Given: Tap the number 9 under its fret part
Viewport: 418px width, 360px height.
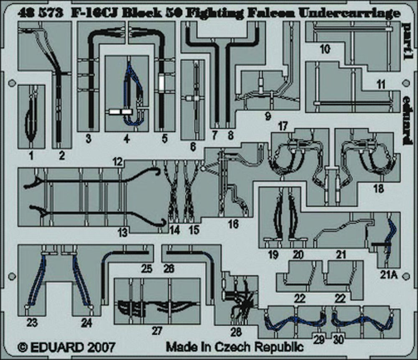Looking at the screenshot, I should point(268,117).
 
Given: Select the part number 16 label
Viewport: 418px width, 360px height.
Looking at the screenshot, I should point(233,224).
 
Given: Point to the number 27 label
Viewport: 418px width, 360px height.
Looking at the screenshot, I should point(156,331).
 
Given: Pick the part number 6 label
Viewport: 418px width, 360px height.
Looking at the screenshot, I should point(192,146).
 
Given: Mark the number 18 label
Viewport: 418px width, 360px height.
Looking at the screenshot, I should point(379,189).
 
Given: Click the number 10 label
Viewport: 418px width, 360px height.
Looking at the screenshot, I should point(325,50).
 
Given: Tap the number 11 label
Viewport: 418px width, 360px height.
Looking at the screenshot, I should point(380,84).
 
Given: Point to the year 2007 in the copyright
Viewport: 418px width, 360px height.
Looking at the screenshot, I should point(98,347).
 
